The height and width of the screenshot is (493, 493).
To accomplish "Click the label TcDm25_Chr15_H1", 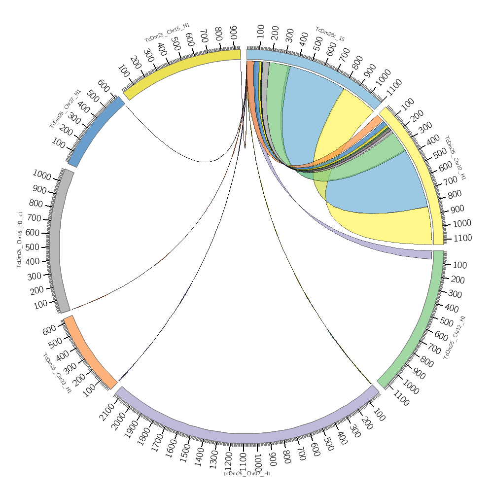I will (167, 33).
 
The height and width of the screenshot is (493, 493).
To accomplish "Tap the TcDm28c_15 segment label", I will (330, 34).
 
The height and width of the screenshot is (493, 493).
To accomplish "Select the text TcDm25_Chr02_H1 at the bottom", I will (246, 474).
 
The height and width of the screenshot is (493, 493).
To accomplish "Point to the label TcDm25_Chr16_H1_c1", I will (20, 240).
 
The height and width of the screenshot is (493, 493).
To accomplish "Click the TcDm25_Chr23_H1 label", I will (57, 373).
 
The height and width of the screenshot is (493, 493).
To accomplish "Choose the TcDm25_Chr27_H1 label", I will (65, 109).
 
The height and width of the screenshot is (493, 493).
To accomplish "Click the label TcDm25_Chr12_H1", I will (455, 337).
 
